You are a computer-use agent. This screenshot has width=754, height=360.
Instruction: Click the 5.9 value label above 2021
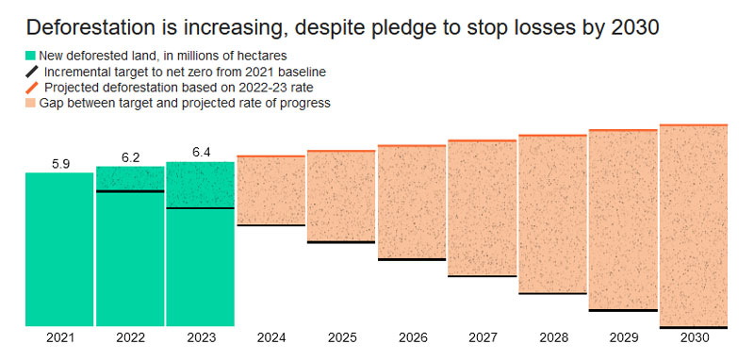pyautogui.click(x=60, y=164)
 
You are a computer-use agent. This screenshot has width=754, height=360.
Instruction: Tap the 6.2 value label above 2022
pyautogui.click(x=130, y=157)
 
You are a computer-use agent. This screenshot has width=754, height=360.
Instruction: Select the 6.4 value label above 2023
pyautogui.click(x=201, y=153)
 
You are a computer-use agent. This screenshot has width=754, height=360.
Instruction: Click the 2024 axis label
pyautogui.click(x=271, y=338)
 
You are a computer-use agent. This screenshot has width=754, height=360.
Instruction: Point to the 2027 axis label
pyautogui.click(x=483, y=338)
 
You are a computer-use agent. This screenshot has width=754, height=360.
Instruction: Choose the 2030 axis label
pyautogui.click(x=694, y=338)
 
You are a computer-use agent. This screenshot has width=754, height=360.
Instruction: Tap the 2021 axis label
pyautogui.click(x=60, y=338)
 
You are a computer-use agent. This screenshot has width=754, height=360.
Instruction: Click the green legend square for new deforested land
pyautogui.click(x=31, y=56)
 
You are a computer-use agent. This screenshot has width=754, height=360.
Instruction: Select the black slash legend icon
pyautogui.click(x=31, y=73)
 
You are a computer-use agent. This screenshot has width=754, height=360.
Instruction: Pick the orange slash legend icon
pyautogui.click(x=31, y=88)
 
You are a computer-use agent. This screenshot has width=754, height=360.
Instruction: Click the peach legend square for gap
pyautogui.click(x=31, y=103)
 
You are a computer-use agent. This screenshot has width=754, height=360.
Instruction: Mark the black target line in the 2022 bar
pyautogui.click(x=130, y=191)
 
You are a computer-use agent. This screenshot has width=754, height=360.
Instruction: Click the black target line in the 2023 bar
pyautogui.click(x=200, y=208)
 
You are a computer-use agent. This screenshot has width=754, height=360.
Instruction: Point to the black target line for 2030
pyautogui.click(x=694, y=327)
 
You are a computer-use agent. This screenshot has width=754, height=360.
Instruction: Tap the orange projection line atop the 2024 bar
pyautogui.click(x=271, y=156)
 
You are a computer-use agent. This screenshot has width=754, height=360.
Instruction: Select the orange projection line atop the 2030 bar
pyautogui.click(x=694, y=125)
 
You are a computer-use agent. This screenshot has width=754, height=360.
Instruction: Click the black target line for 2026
pyautogui.click(x=412, y=259)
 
